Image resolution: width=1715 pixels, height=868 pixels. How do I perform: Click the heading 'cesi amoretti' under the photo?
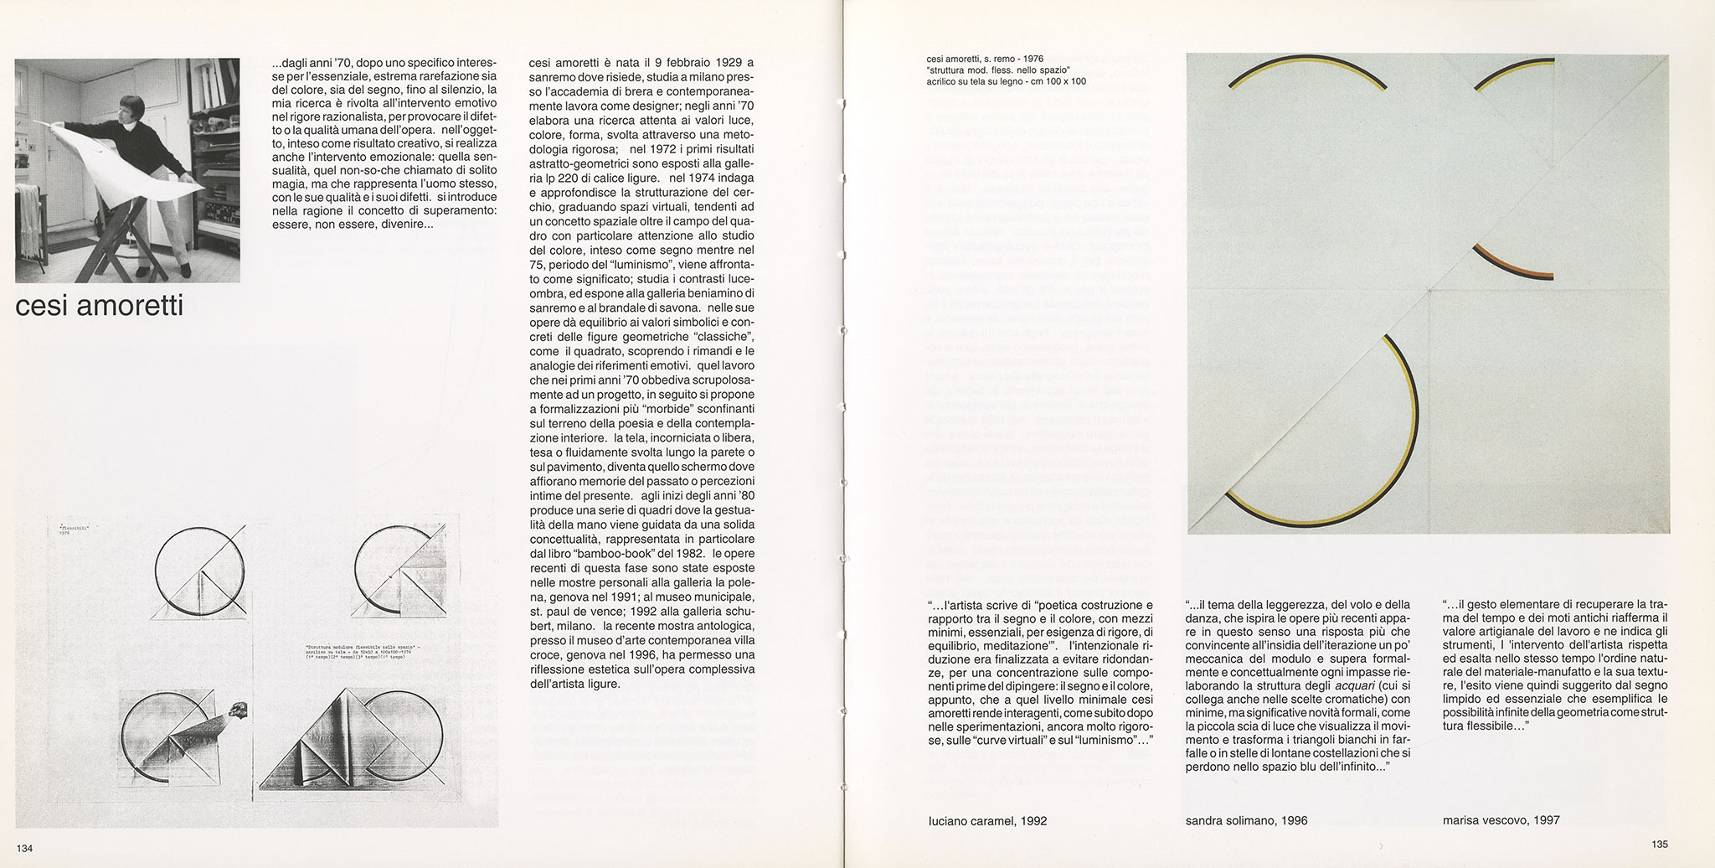pos(100,307)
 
